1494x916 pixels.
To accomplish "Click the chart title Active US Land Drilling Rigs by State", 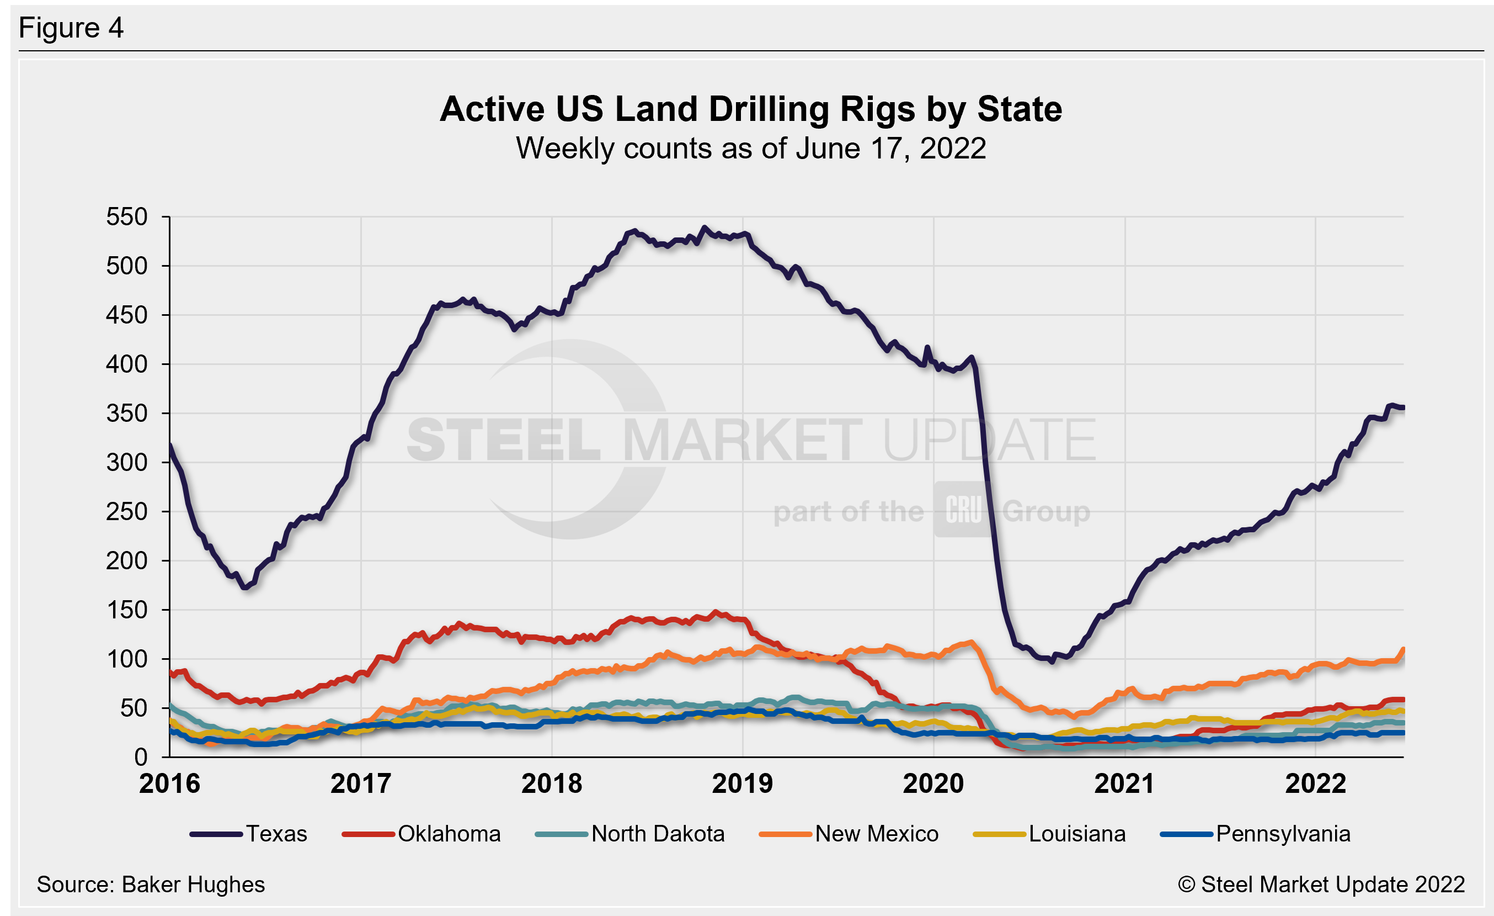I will (x=751, y=109).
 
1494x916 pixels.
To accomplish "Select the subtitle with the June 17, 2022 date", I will (x=751, y=149).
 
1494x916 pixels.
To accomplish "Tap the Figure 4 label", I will (x=71, y=28).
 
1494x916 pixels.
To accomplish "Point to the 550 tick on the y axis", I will (x=127, y=216).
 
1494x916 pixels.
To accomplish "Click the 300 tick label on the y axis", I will (x=127, y=463).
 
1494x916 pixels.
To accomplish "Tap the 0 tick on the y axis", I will (x=141, y=757).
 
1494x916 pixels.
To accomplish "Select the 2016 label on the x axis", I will (x=170, y=783).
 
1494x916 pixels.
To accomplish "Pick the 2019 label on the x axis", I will (x=743, y=783).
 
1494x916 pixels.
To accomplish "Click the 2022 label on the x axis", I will (x=1315, y=783).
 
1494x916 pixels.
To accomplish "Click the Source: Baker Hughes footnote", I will (x=151, y=885).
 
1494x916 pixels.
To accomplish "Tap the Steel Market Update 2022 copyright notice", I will (x=1322, y=885).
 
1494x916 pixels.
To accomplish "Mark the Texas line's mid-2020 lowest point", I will (x=1052, y=662).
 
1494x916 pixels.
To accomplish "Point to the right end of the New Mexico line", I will (x=1403, y=650).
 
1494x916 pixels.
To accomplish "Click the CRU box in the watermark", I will (x=963, y=510).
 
